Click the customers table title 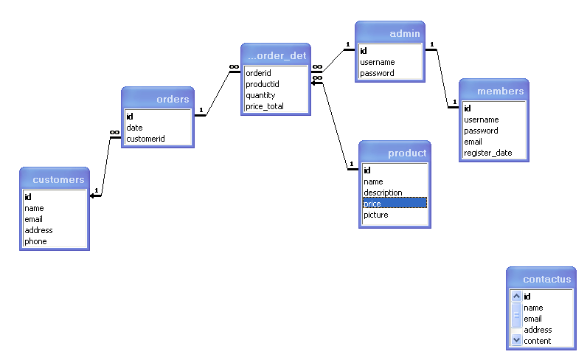58,180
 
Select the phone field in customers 35,241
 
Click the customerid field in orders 145,139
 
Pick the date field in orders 134,128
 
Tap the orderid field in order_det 258,73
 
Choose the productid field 262,84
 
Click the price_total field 264,106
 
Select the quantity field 260,95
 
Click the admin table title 405,34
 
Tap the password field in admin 377,73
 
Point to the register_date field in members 487,153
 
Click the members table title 500,91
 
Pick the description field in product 383,193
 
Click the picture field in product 376,215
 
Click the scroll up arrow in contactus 516,297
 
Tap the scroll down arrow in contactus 516,340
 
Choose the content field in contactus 537,341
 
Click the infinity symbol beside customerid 114,132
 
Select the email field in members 473,142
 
